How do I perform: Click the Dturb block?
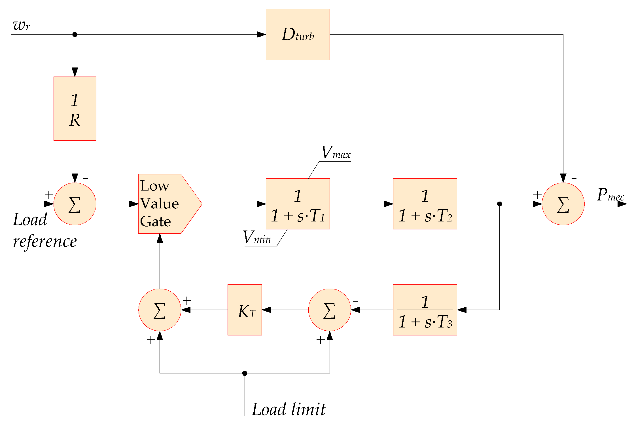(x=298, y=34)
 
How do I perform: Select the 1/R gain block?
(x=75, y=108)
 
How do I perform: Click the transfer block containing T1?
(x=298, y=204)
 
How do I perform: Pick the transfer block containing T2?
(x=425, y=204)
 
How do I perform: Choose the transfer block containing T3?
(x=425, y=310)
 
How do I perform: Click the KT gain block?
(x=245, y=310)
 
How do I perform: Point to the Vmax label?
(x=336, y=153)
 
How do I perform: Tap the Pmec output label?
(x=610, y=195)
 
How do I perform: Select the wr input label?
(x=21, y=25)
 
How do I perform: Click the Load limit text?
(x=289, y=409)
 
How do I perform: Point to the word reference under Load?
(x=45, y=242)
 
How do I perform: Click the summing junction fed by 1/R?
(x=75, y=204)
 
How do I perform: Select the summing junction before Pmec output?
(x=563, y=204)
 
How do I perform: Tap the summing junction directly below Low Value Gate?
(x=160, y=310)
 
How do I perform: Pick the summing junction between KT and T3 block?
(x=329, y=310)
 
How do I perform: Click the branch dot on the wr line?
(x=75, y=34)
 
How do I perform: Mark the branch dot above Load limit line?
(x=245, y=373)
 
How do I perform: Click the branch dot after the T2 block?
(x=499, y=204)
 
